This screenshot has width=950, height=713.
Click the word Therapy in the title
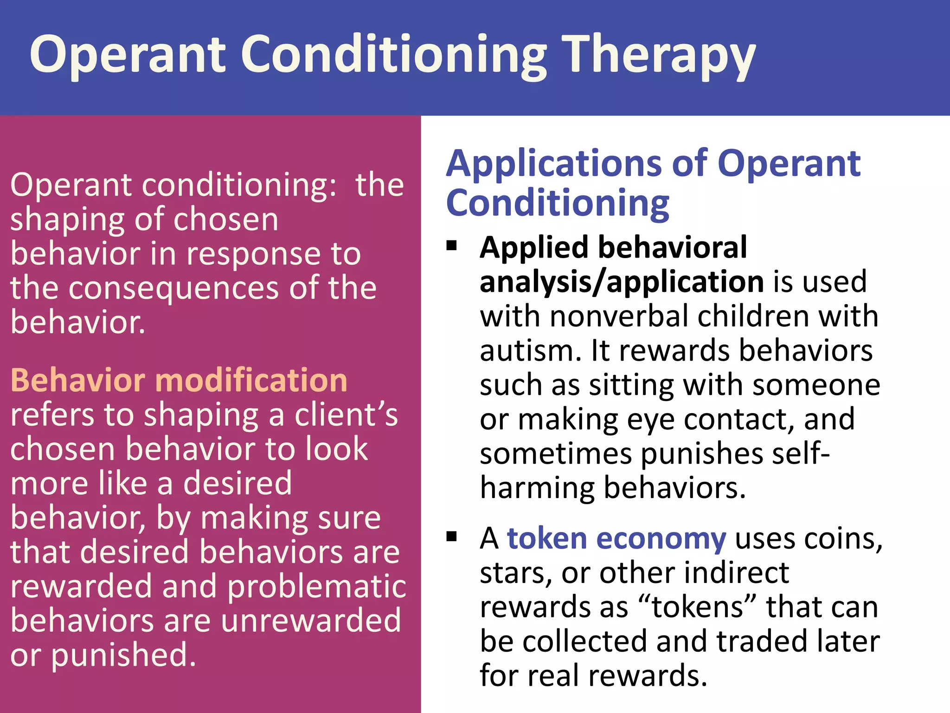click(x=659, y=56)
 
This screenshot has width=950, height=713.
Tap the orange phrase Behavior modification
click(x=179, y=380)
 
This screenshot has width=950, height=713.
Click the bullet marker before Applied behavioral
click(x=451, y=246)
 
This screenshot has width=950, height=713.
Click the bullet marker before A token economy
click(x=451, y=537)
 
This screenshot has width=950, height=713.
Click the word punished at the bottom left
click(x=123, y=655)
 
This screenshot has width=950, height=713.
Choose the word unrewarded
click(x=311, y=621)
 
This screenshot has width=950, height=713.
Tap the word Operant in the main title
click(x=128, y=56)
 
